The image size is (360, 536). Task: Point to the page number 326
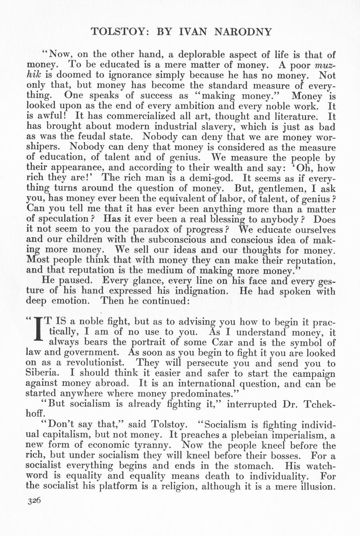[x=34, y=501]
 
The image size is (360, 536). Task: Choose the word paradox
[x=153, y=230]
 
